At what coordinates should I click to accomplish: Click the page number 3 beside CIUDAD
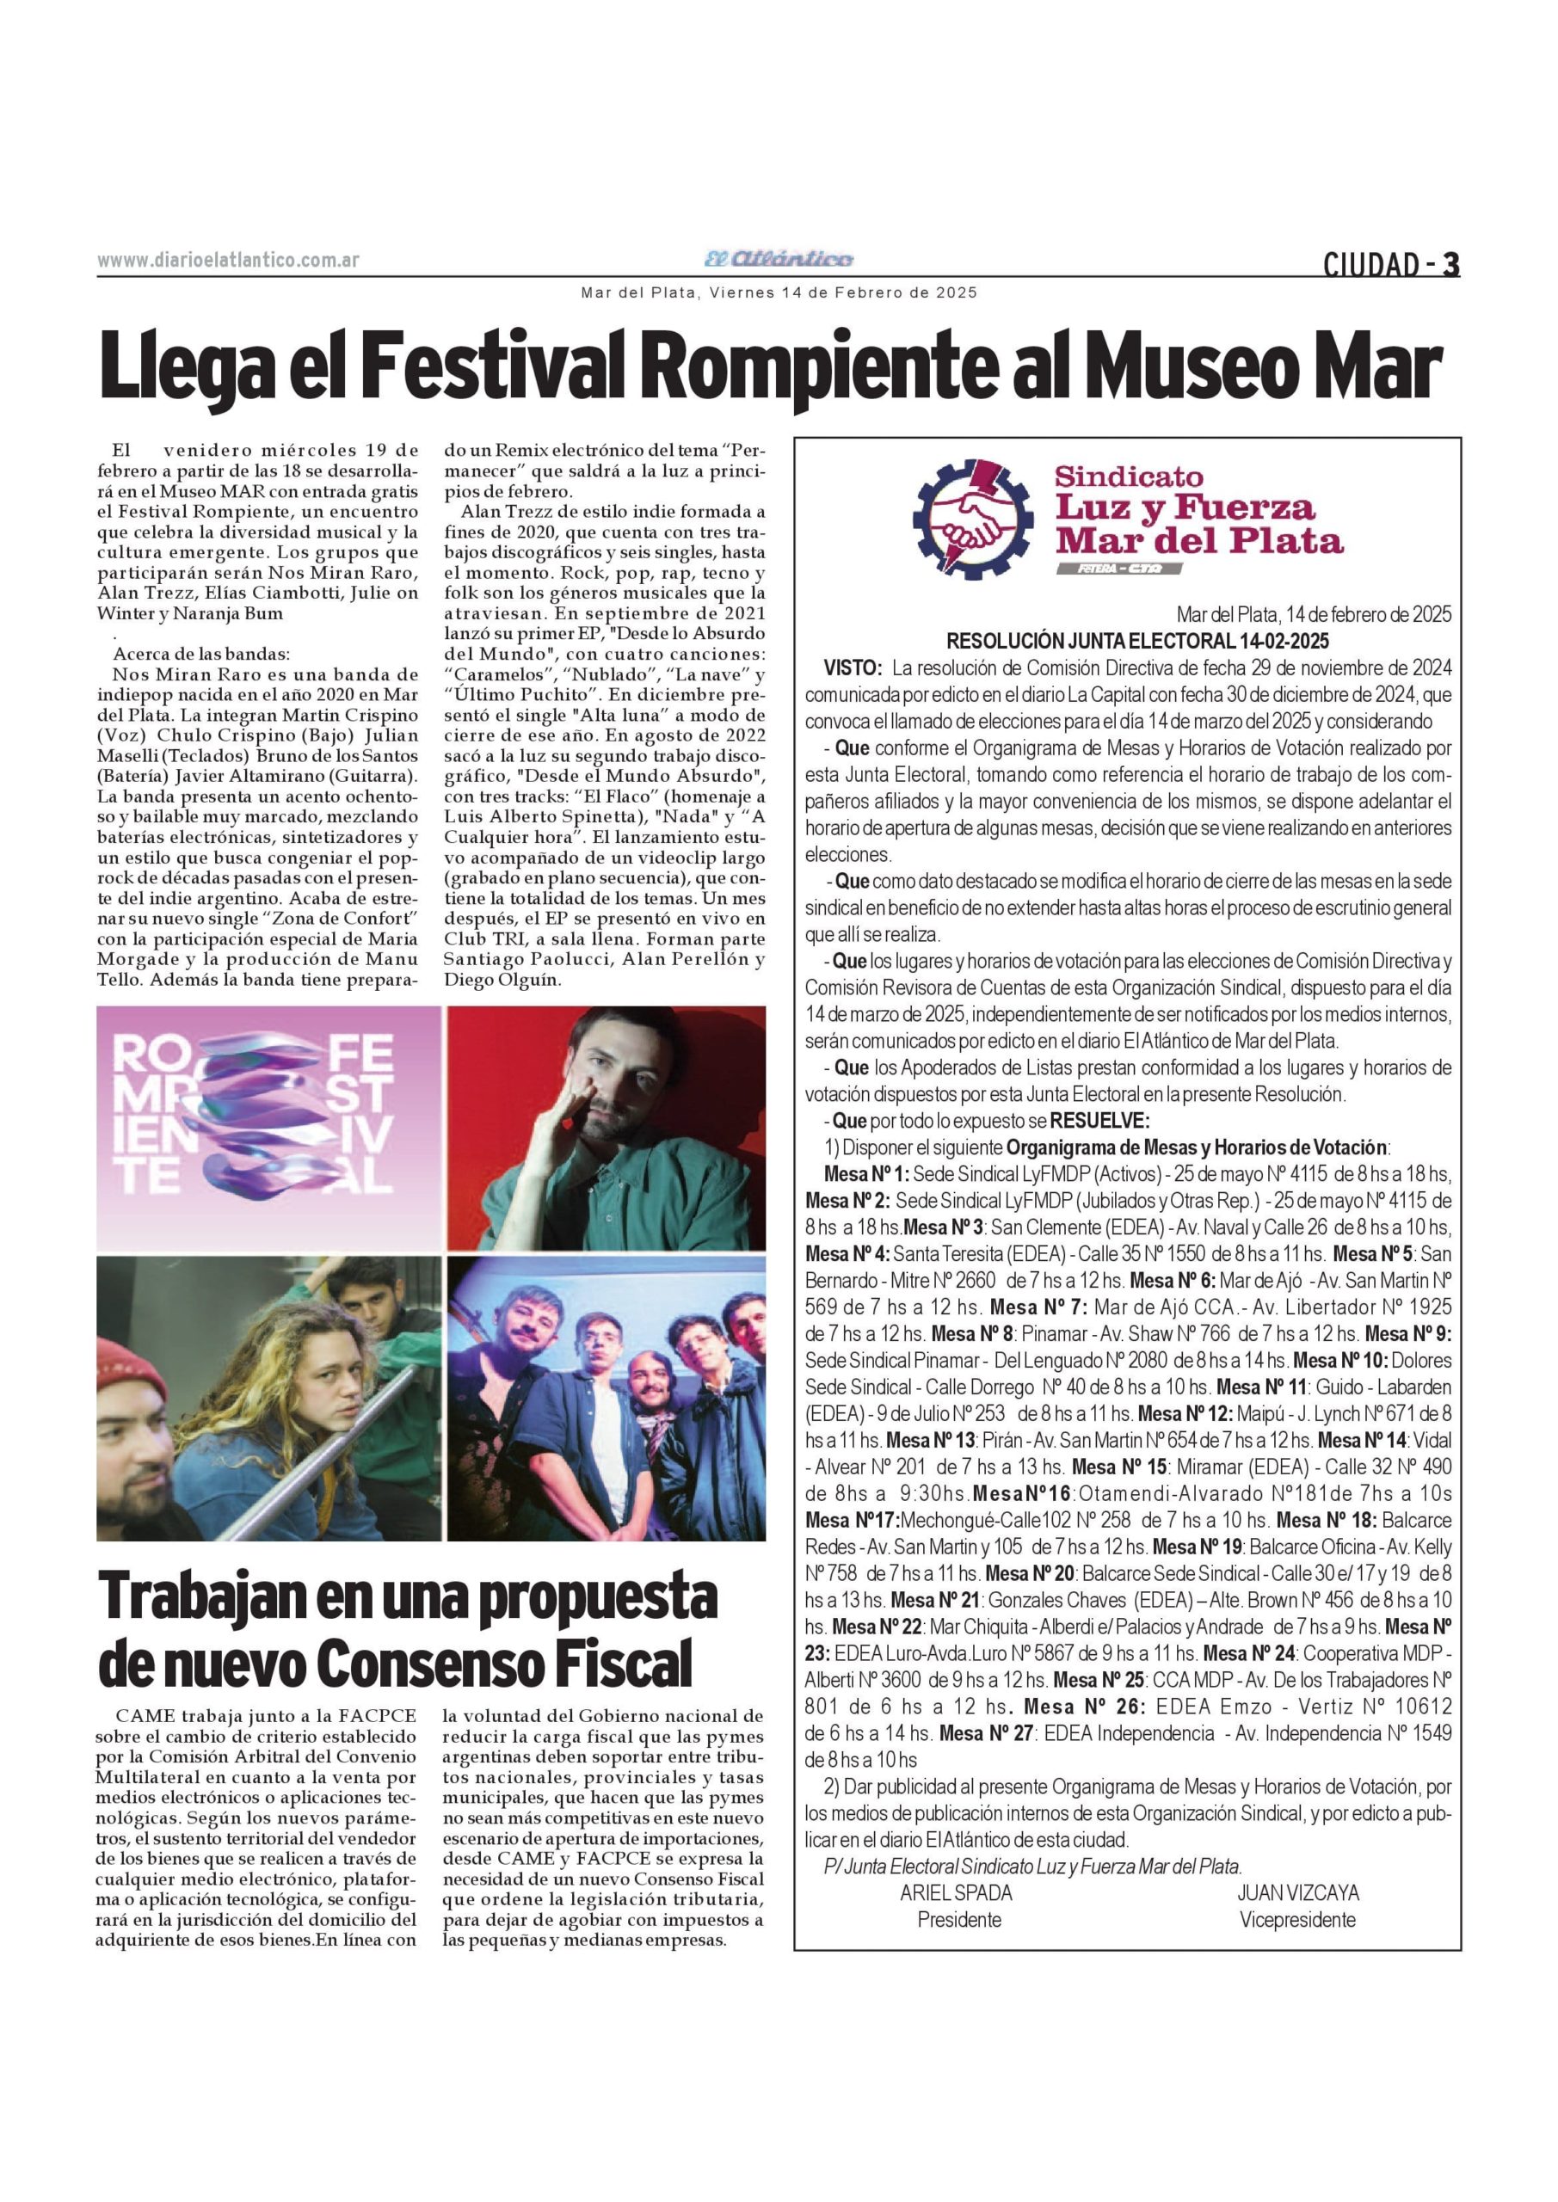[1450, 264]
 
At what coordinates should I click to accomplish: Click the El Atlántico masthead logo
[778, 259]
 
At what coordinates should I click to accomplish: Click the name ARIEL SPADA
[956, 1893]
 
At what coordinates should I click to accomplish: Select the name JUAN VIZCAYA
[1297, 1893]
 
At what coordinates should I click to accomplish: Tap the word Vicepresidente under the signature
[1297, 1920]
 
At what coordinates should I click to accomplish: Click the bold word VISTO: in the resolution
[853, 667]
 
